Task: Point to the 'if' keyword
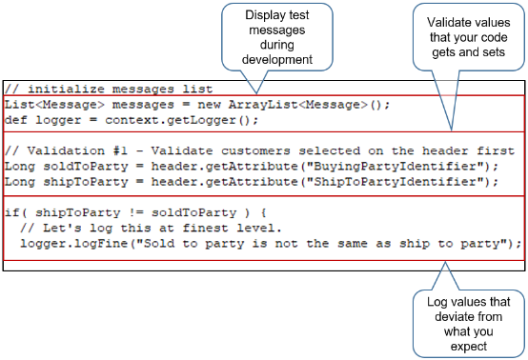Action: [10, 213]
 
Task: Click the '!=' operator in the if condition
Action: [124, 213]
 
